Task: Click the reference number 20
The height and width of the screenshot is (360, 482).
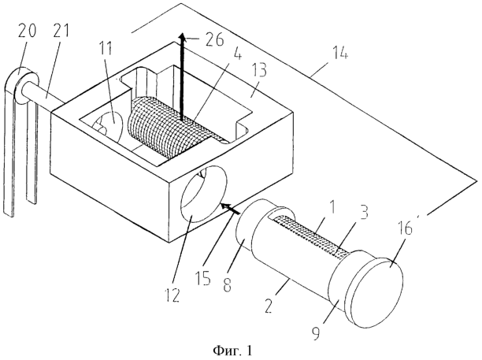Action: [x=27, y=31]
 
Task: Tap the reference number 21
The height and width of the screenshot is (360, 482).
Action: [x=61, y=31]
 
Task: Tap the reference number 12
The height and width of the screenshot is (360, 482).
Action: [x=172, y=291]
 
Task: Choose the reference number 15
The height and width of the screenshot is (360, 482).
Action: [x=203, y=277]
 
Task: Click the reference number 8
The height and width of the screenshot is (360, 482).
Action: [x=227, y=283]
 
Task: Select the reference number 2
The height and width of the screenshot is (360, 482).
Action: [x=269, y=305]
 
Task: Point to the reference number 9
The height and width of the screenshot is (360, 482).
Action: [x=316, y=332]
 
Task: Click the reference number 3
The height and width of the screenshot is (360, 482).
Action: [x=364, y=211]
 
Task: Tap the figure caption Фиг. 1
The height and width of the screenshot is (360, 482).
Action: [x=232, y=351]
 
